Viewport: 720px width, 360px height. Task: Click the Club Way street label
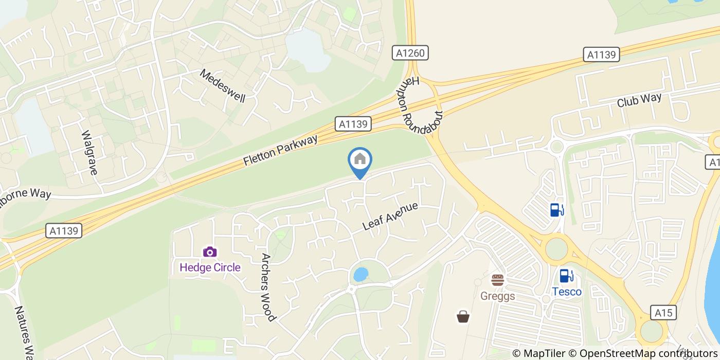click(x=639, y=101)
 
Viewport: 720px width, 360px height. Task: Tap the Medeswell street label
click(x=223, y=85)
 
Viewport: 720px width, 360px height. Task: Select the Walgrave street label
click(x=89, y=152)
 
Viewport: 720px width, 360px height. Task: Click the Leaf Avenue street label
click(x=390, y=216)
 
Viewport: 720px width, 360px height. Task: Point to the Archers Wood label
click(x=268, y=286)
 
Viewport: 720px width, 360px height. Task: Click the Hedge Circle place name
click(x=210, y=267)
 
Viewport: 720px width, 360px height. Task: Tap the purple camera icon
click(x=209, y=252)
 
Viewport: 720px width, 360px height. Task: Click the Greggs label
click(x=497, y=296)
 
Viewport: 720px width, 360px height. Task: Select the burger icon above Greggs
click(x=497, y=280)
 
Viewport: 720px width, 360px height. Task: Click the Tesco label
click(x=567, y=292)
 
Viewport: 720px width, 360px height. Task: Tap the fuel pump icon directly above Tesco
click(x=567, y=276)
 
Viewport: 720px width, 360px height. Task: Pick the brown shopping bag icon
click(x=463, y=316)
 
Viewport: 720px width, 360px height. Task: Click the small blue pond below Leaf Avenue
click(x=361, y=274)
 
